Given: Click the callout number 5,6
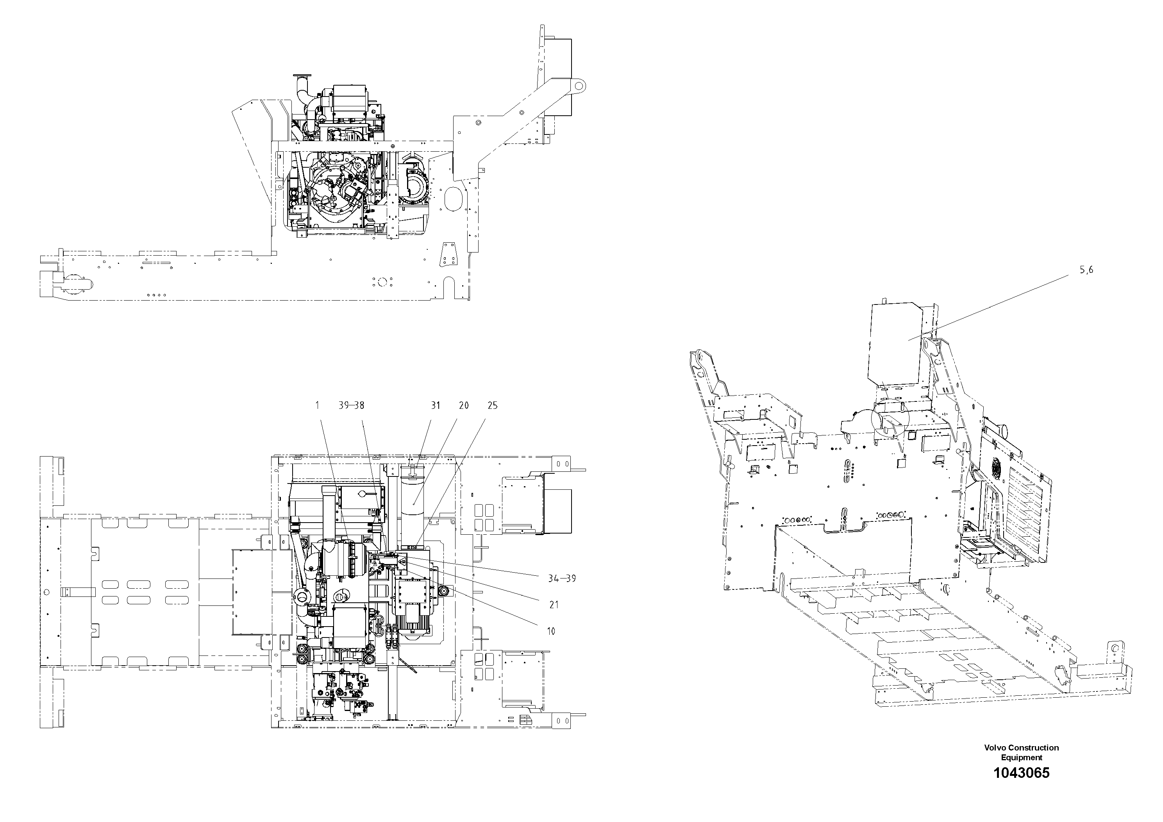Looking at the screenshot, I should pyautogui.click(x=1086, y=270).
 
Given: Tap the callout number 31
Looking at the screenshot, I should pyautogui.click(x=436, y=405).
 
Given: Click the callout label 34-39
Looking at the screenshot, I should pyautogui.click(x=562, y=578).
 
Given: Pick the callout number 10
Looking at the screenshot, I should pyautogui.click(x=551, y=631).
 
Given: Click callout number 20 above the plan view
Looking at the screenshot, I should pyautogui.click(x=463, y=405).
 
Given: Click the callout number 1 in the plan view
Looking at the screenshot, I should pyautogui.click(x=317, y=405).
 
